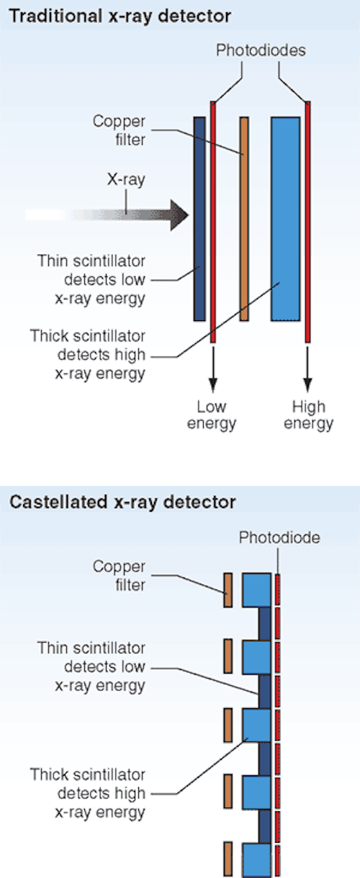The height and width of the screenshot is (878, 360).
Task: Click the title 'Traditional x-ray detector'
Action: coord(120,17)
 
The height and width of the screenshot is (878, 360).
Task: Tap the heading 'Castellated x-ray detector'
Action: coord(122,502)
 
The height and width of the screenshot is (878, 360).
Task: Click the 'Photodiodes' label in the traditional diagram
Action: coord(261,50)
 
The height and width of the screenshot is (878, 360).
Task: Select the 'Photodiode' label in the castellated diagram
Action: coord(279,538)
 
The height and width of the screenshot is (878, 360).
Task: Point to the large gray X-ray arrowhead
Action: coord(179,215)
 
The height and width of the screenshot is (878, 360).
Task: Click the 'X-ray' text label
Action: coord(126,180)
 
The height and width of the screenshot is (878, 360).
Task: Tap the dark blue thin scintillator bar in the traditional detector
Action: coord(199,219)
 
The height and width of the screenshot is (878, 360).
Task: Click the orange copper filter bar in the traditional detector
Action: coord(244,219)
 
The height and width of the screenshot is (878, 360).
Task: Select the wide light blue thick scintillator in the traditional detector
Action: coord(286,219)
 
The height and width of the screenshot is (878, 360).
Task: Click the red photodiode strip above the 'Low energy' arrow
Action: coord(213,222)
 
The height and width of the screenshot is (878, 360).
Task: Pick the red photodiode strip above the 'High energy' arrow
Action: coord(308,222)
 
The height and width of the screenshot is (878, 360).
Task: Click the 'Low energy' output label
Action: coord(212,415)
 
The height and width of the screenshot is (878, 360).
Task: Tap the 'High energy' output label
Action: coord(309,415)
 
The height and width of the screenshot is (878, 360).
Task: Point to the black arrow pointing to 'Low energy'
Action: coord(213,369)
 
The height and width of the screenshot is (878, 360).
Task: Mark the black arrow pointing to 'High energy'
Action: coord(308,369)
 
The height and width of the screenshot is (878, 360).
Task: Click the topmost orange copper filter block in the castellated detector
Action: coord(228,590)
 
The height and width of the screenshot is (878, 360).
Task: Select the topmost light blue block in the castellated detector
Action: coord(256,590)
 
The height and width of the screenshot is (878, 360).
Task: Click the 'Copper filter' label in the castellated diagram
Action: coord(120,576)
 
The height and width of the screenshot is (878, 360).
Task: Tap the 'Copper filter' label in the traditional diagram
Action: coord(120,130)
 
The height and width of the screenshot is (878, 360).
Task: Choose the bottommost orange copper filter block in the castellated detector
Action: coord(228,859)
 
